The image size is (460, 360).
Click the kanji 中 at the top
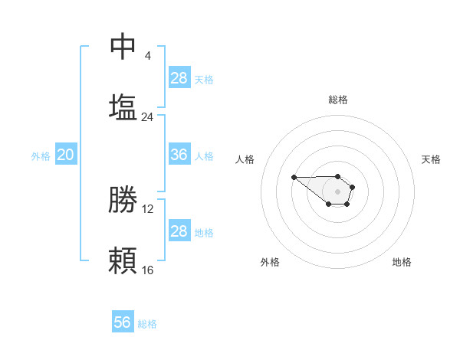click(x=123, y=47)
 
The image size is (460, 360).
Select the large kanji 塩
click(x=123, y=107)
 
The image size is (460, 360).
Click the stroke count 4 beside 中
click(x=147, y=56)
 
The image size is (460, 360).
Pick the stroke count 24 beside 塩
click(x=147, y=117)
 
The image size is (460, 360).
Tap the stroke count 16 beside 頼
click(x=147, y=270)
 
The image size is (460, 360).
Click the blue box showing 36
click(x=179, y=155)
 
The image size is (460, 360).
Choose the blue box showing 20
click(x=66, y=155)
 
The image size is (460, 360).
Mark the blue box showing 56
click(x=123, y=322)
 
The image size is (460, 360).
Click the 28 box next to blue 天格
click(x=179, y=78)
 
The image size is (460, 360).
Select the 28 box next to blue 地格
click(x=179, y=231)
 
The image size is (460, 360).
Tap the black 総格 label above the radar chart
click(x=338, y=100)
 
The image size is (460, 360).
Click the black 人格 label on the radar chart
click(x=245, y=159)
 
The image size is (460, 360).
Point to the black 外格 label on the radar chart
click(x=270, y=262)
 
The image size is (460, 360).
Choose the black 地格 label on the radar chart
click(x=402, y=262)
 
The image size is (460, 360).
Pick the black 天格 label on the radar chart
click(x=431, y=159)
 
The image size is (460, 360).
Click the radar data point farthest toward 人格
click(x=294, y=177)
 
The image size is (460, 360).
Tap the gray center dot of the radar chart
click(x=337, y=191)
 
